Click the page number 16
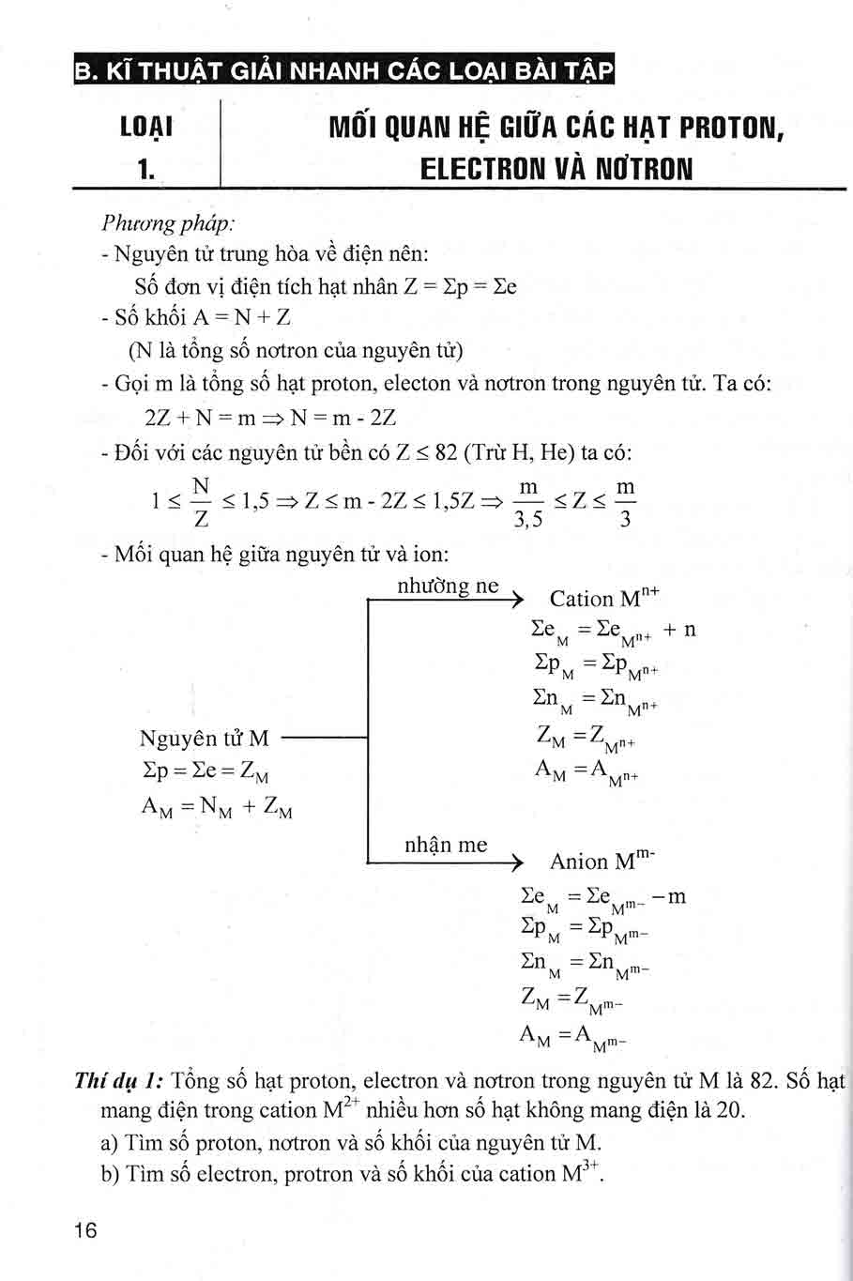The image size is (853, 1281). (x=84, y=1231)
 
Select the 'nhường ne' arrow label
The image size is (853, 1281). (x=448, y=586)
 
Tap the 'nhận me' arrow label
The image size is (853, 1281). (x=446, y=845)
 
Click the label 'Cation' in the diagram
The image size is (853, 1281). (x=581, y=599)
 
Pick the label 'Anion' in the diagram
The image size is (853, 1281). (x=579, y=862)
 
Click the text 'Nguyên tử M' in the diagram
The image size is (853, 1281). (x=204, y=739)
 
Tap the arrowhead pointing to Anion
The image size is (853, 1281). (x=513, y=862)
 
